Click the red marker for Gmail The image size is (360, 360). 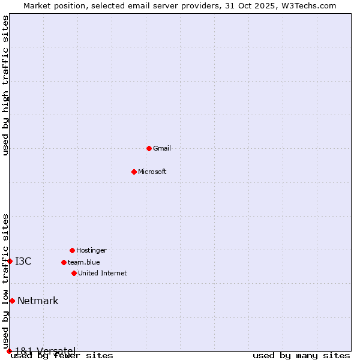point(149,148)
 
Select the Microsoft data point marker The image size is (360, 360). point(134,172)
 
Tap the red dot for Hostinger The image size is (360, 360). point(72,250)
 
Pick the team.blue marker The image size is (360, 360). point(64,262)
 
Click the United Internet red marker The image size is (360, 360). point(74,273)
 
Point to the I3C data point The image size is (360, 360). point(10,261)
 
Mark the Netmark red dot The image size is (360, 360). point(12,301)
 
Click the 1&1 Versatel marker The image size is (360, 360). point(9,351)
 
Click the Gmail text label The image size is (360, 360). point(162,148)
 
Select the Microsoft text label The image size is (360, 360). point(152,172)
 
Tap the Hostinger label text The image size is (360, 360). point(91,250)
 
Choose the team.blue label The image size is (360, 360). point(84,262)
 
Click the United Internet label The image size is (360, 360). point(102,273)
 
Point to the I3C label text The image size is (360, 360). point(23,261)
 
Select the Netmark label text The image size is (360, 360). point(38,301)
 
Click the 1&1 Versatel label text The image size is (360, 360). point(45,350)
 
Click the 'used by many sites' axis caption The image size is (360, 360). point(301,356)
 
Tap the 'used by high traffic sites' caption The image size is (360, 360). point(5,85)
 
